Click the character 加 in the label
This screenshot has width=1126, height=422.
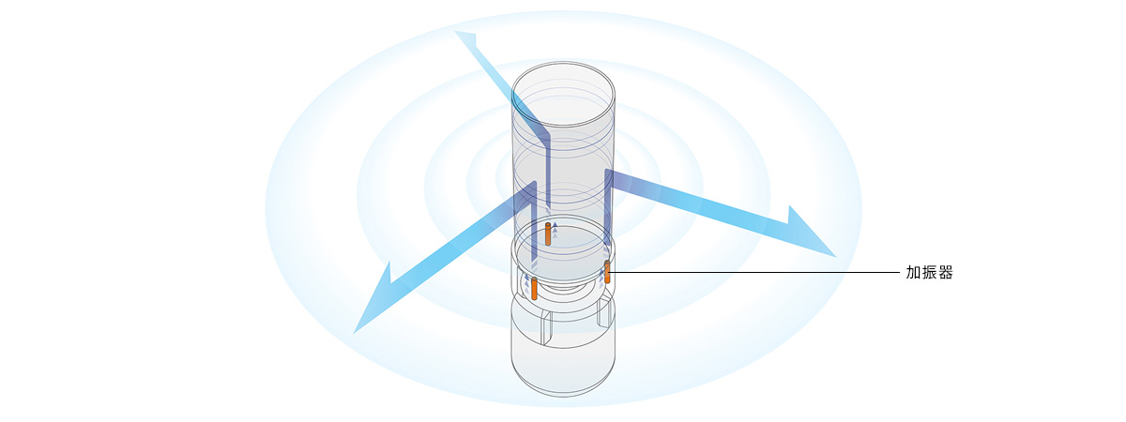914,273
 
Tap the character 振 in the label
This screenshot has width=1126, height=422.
930,273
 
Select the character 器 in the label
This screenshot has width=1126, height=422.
946,273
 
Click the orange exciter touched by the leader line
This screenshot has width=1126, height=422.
607,272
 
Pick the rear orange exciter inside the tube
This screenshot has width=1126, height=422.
548,234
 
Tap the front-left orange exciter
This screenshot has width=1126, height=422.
534,288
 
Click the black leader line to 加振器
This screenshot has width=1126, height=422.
751,273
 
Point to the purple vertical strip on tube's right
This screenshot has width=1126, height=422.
608,211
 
